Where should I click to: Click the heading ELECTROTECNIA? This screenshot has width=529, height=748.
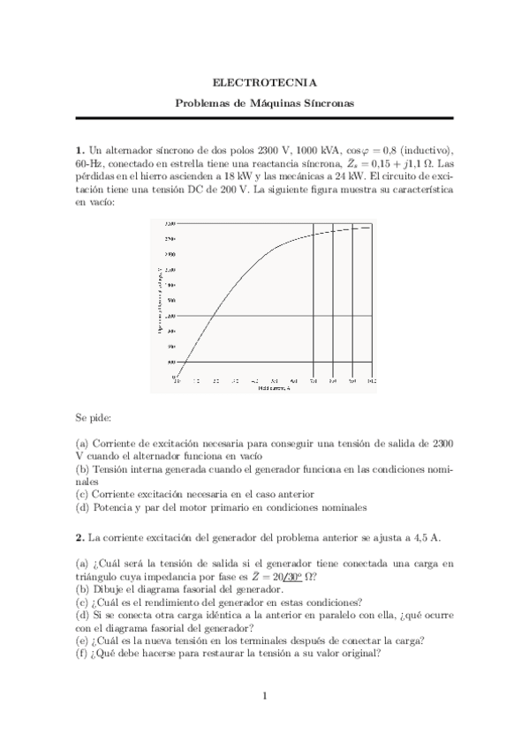[264, 83]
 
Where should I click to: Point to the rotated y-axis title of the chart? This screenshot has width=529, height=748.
[160, 299]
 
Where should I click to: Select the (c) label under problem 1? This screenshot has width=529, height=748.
[81, 495]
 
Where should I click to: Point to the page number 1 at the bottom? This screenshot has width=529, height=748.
[264, 697]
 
